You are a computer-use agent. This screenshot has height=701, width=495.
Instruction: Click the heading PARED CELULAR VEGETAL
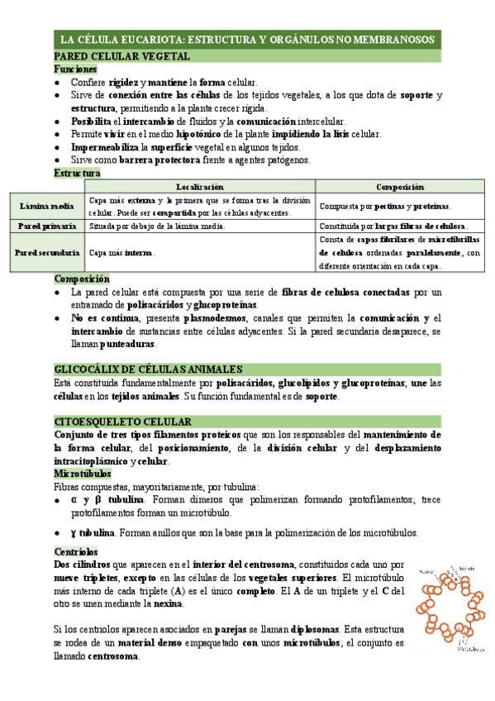click(x=121, y=57)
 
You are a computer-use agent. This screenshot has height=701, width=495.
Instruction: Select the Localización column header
click(x=199, y=188)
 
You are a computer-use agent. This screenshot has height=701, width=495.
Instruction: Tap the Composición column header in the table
click(x=399, y=188)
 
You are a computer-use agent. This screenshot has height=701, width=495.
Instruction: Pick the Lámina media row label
click(x=48, y=206)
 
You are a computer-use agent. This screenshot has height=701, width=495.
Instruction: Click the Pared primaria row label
click(x=48, y=226)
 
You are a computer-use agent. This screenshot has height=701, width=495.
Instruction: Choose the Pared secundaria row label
click(x=48, y=252)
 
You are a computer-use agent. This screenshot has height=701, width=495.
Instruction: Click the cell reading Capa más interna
click(x=121, y=252)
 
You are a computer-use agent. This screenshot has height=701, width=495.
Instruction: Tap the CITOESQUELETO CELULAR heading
click(x=122, y=422)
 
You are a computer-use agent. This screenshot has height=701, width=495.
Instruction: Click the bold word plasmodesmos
click(x=198, y=318)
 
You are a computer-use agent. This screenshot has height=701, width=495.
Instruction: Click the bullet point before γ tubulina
click(x=55, y=532)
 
